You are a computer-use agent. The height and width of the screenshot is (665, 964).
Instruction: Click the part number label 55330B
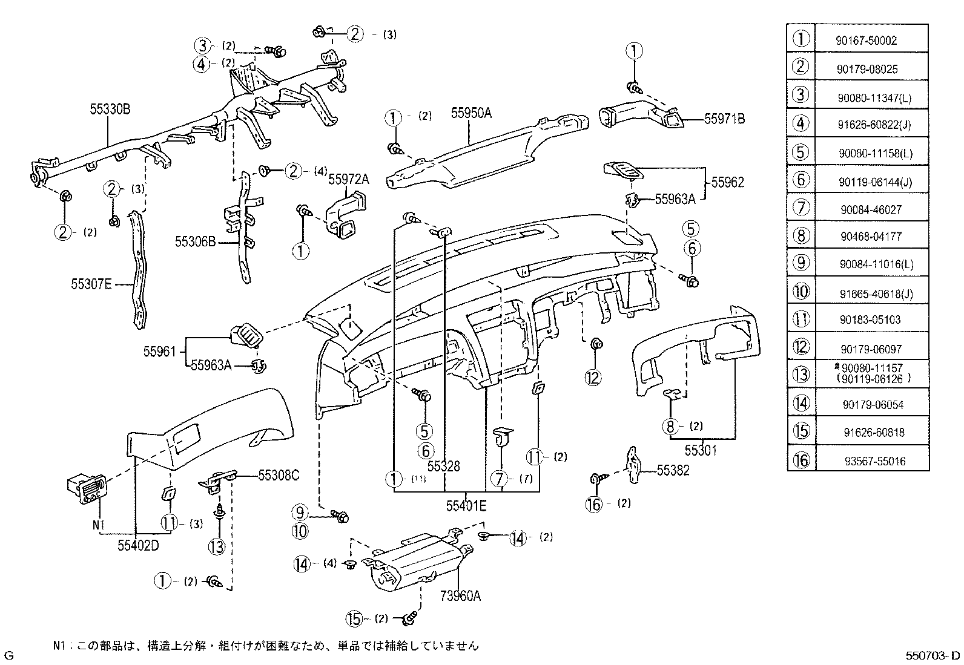point(110,110)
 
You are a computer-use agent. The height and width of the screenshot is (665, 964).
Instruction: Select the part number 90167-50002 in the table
point(867,41)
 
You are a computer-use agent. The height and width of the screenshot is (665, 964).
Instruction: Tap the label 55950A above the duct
point(471,113)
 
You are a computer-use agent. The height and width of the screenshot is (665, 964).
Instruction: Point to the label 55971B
point(724,119)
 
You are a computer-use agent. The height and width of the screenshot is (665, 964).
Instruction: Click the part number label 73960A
point(460,596)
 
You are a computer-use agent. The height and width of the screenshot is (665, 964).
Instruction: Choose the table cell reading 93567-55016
point(875,461)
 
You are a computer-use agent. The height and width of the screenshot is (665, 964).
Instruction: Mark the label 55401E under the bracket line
point(466,506)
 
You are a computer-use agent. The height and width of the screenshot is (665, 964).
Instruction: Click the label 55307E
point(91,284)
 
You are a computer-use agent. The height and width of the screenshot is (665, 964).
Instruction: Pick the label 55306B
point(195,242)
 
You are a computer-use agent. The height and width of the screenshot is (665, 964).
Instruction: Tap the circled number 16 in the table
point(801,460)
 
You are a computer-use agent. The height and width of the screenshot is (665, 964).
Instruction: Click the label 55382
point(673,470)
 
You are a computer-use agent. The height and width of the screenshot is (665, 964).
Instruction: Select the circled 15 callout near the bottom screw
point(354,619)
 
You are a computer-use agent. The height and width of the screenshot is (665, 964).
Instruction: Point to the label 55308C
point(279,476)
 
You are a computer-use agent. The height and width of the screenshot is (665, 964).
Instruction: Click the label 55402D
point(138,545)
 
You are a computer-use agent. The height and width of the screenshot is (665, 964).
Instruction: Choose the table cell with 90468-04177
point(871,236)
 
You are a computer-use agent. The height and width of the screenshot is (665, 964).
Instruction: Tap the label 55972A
point(349,179)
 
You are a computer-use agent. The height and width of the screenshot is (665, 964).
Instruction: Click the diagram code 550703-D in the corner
point(933,655)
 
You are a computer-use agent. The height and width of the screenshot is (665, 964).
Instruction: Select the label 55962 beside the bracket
point(727,182)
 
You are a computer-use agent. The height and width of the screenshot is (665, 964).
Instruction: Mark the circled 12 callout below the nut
point(593,378)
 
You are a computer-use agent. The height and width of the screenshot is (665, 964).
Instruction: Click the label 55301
point(701,450)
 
